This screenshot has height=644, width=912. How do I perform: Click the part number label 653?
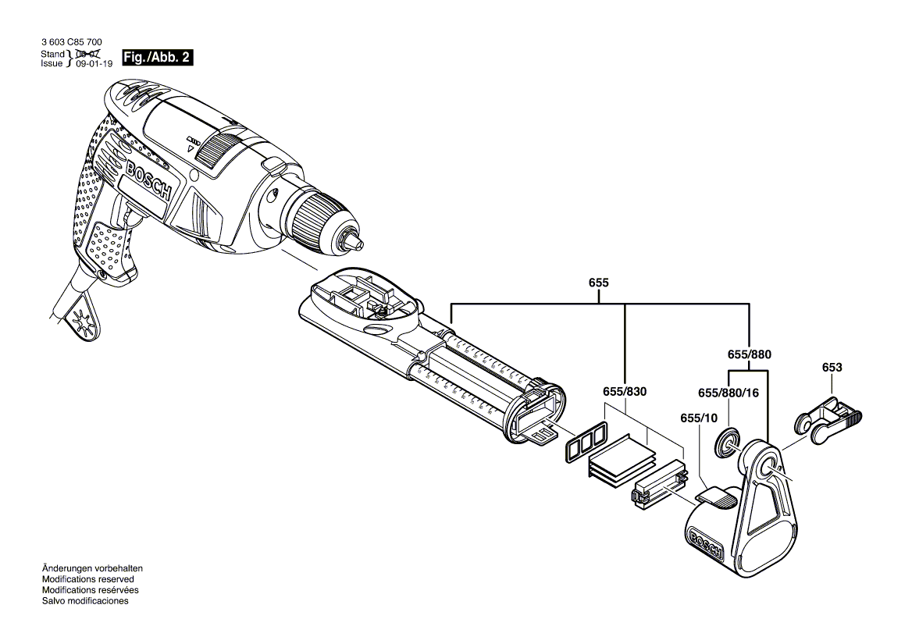[832, 367]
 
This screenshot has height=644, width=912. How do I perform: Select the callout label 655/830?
[625, 391]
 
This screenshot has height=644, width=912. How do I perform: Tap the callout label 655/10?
[699, 418]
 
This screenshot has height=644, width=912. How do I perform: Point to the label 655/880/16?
[728, 393]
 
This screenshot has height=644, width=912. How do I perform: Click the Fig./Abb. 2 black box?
[156, 58]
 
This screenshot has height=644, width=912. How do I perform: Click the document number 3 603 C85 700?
[70, 44]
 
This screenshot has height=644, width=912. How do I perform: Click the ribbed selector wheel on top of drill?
[218, 148]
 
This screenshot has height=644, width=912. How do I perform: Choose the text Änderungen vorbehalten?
[91, 568]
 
